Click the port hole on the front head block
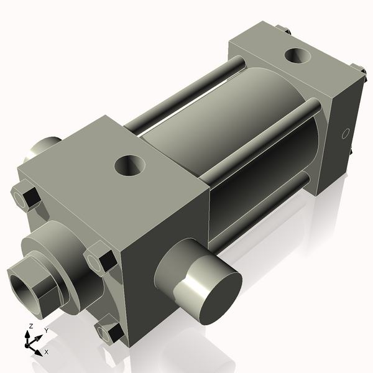[x=130, y=165]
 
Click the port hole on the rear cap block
[x=299, y=57]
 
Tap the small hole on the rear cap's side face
[x=346, y=133]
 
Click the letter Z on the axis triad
[x=30, y=326]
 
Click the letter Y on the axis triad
[x=46, y=331]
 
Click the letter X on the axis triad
[x=46, y=352]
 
